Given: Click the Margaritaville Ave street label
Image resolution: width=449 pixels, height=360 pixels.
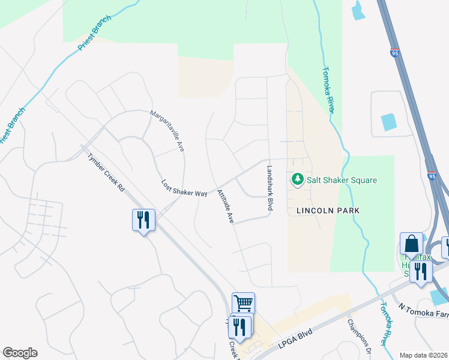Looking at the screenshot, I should (167, 131).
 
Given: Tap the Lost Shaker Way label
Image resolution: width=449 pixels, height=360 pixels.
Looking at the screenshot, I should (184, 188).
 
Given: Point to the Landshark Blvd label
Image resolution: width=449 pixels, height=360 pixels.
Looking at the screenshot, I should (270, 188).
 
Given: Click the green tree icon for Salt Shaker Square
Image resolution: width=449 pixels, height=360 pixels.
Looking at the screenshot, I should (297, 179).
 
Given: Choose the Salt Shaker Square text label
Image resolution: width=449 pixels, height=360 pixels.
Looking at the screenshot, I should (342, 180).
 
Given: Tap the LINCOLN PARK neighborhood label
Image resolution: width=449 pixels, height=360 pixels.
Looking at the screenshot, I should (328, 211).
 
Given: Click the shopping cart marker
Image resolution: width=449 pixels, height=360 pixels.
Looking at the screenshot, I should (243, 303).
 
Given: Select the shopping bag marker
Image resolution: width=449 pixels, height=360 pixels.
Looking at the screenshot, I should (411, 244).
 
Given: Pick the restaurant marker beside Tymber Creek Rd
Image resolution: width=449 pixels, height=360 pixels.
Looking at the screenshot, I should (143, 220).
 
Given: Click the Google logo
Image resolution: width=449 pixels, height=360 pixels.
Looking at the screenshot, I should (20, 353).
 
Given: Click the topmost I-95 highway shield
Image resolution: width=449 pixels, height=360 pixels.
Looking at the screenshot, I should (394, 53).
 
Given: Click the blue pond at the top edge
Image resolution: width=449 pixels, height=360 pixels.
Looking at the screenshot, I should (359, 10).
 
